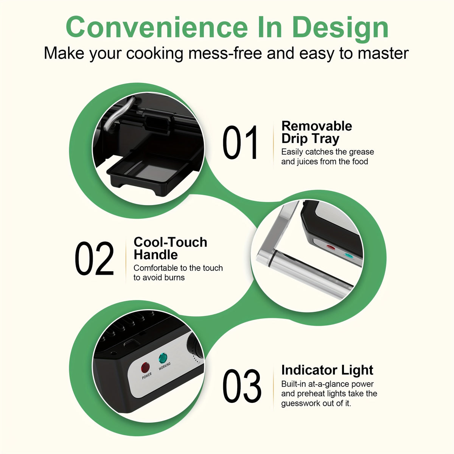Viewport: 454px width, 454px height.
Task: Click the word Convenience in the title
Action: [x=157, y=27]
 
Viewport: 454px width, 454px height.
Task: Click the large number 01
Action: [x=240, y=142]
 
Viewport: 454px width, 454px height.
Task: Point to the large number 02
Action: [x=95, y=258]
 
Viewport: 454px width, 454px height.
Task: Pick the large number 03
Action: [x=242, y=386]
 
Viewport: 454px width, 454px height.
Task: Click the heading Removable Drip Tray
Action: [x=316, y=132]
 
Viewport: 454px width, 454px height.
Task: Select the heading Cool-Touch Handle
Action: [x=170, y=248]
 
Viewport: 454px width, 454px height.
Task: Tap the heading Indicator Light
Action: [x=327, y=370]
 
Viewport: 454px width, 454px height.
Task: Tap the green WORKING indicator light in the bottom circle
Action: [x=163, y=358]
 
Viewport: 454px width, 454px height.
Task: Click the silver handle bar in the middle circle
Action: [x=306, y=271]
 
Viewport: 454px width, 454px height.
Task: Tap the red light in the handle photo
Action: [x=330, y=247]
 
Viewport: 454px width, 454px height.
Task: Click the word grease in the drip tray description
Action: [x=361, y=152]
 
